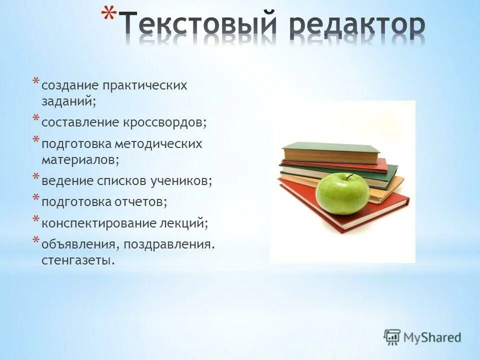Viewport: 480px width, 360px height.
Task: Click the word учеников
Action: click(181, 181)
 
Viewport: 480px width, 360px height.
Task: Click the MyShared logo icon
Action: click(392, 336)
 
